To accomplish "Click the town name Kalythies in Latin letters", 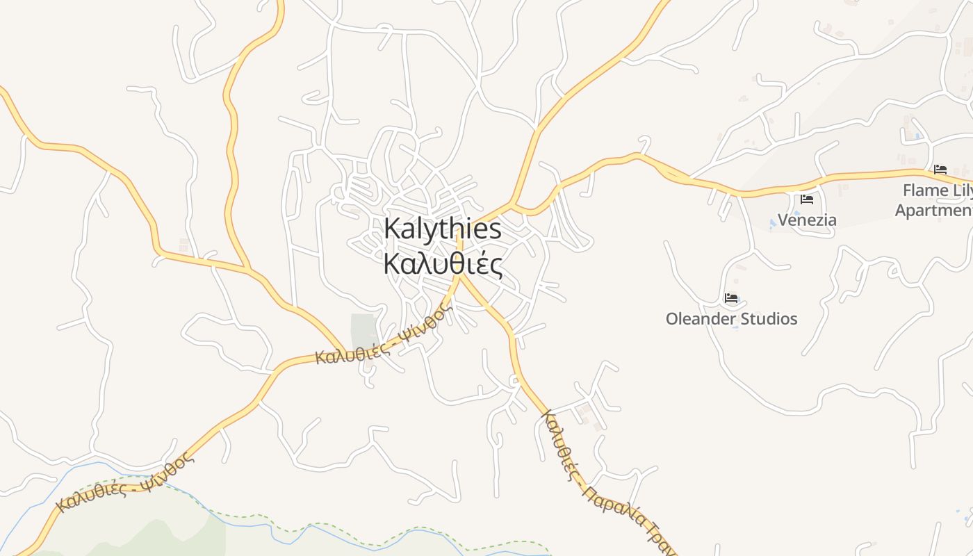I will point(442,229).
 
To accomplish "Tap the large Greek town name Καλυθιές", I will point(442,265).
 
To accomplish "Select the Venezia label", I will point(807,220).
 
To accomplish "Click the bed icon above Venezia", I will point(807,199).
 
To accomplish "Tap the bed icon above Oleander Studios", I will point(731,298).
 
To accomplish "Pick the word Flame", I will point(925,190).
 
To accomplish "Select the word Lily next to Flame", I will point(963,190).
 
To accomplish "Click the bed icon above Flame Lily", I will point(940,169).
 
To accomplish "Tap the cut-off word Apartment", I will point(934,211).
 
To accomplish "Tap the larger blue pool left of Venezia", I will point(774,223).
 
